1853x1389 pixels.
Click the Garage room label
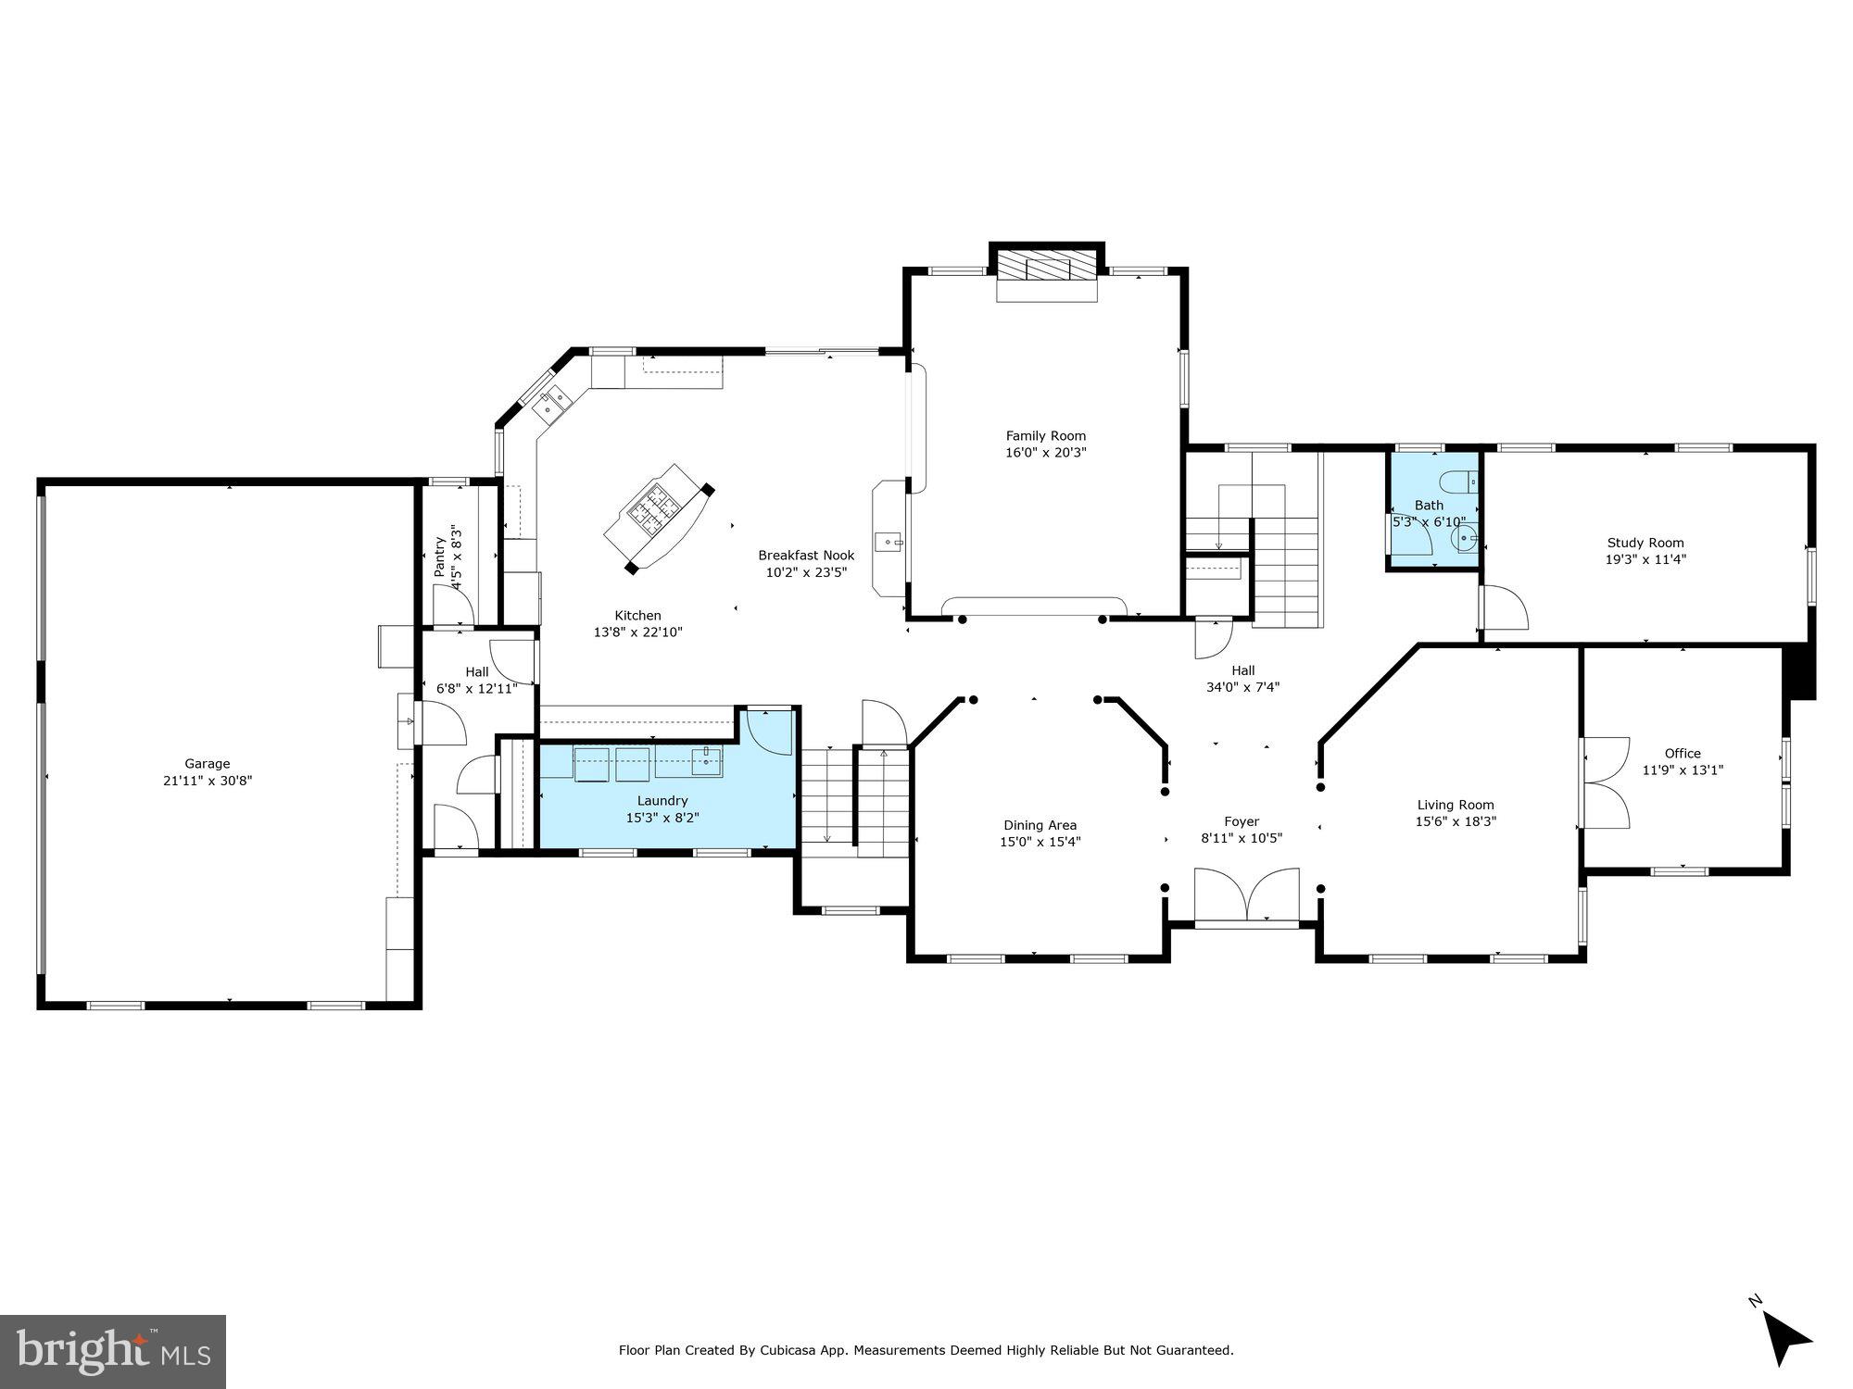207,764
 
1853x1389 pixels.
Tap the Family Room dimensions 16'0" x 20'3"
1046,453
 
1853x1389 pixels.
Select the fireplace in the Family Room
1047,269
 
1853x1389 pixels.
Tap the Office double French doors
1607,782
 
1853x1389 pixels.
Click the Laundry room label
662,801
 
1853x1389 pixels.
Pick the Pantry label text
440,557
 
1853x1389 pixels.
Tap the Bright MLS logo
112,1351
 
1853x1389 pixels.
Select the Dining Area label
1040,825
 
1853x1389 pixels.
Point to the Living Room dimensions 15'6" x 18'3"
1455,821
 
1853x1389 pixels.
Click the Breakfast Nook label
806,556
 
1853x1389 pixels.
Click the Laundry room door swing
770,731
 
